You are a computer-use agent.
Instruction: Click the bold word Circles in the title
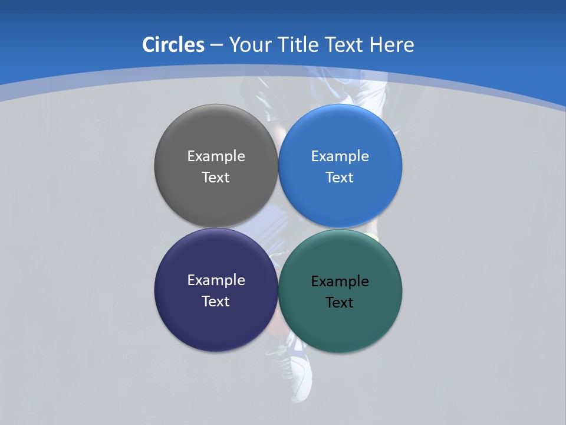tap(173, 45)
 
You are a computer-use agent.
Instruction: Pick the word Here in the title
tap(392, 45)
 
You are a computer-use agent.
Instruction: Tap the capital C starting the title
tap(149, 45)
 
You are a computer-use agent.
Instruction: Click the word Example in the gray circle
tap(216, 156)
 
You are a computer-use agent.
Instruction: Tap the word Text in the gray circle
tap(216, 178)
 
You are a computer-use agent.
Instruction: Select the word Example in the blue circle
tap(340, 156)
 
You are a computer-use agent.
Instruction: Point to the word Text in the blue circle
tap(340, 178)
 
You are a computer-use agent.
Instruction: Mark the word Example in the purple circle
tap(216, 280)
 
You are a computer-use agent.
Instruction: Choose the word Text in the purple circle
tap(216, 302)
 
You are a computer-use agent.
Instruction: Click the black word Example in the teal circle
tap(340, 282)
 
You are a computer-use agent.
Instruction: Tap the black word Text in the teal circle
tap(340, 303)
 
